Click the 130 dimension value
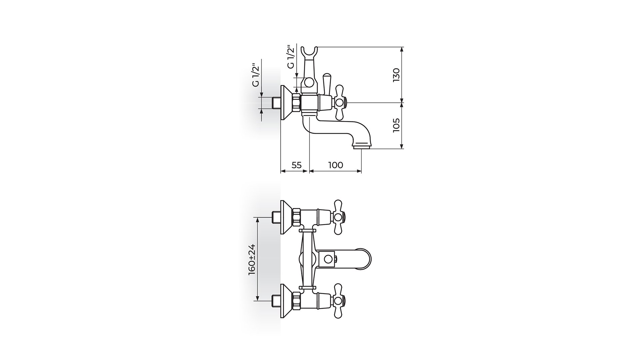point(396,75)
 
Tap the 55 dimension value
point(296,165)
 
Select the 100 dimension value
point(336,165)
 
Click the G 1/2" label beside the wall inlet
point(256,75)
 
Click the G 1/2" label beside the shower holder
point(291,57)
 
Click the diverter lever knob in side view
point(326,84)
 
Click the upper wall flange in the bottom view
point(287,218)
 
